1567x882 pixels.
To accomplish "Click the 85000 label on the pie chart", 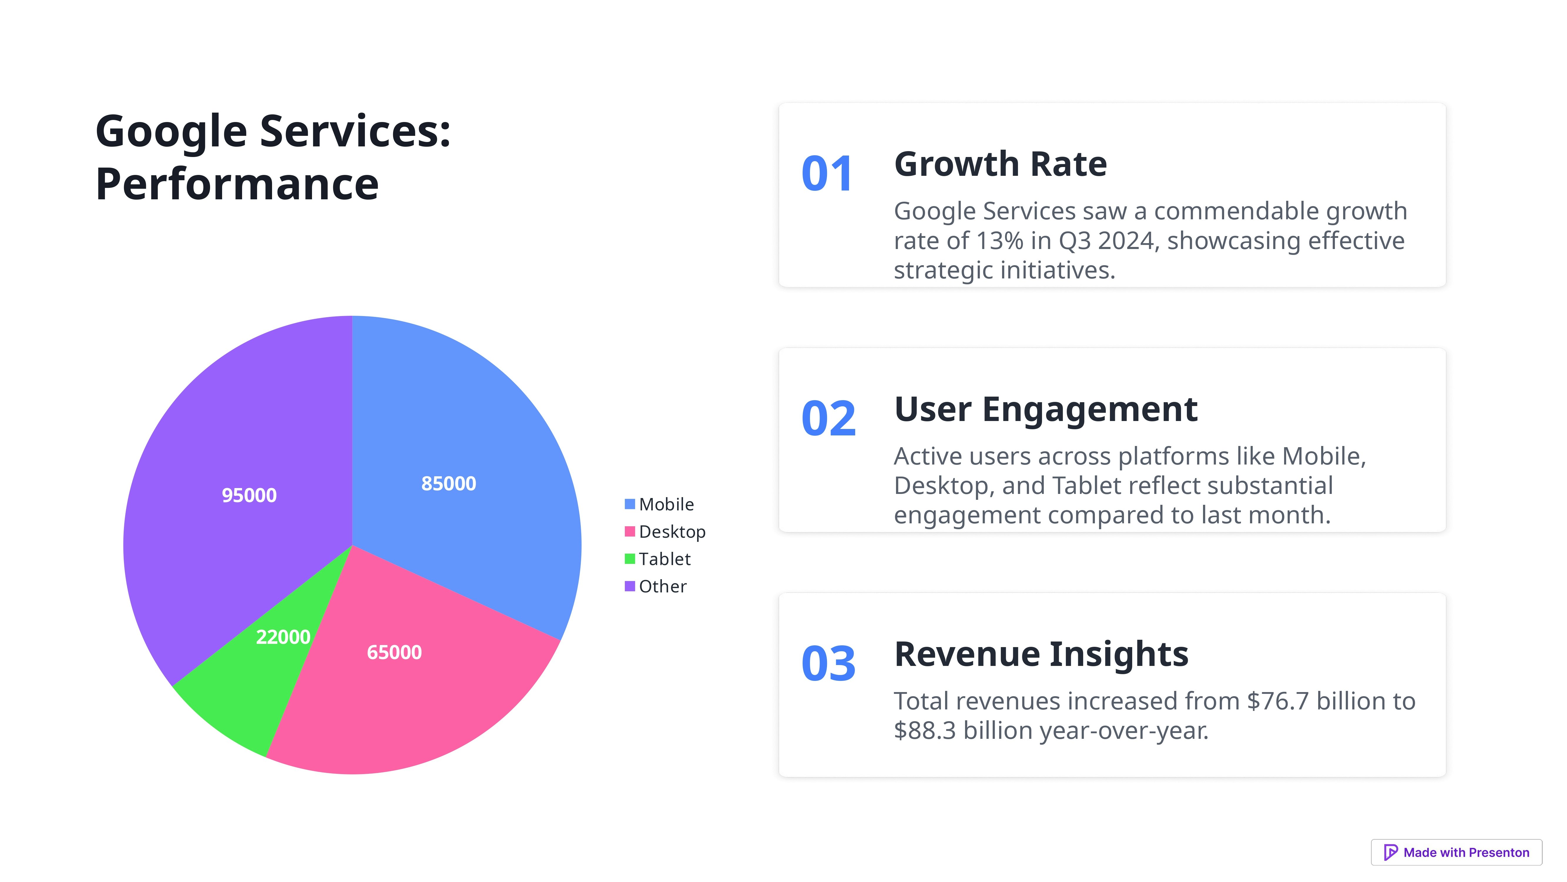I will pos(448,483).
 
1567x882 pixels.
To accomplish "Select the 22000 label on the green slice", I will pos(283,637).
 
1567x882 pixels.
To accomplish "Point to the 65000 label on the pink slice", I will pos(394,652).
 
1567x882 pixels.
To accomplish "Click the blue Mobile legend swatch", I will pos(630,504).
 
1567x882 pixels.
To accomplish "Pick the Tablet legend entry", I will pos(664,559).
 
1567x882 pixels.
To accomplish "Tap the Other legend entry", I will pos(662,586).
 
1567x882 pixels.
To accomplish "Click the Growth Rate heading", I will pos(1000,164).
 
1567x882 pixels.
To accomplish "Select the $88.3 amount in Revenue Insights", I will pos(925,730).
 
